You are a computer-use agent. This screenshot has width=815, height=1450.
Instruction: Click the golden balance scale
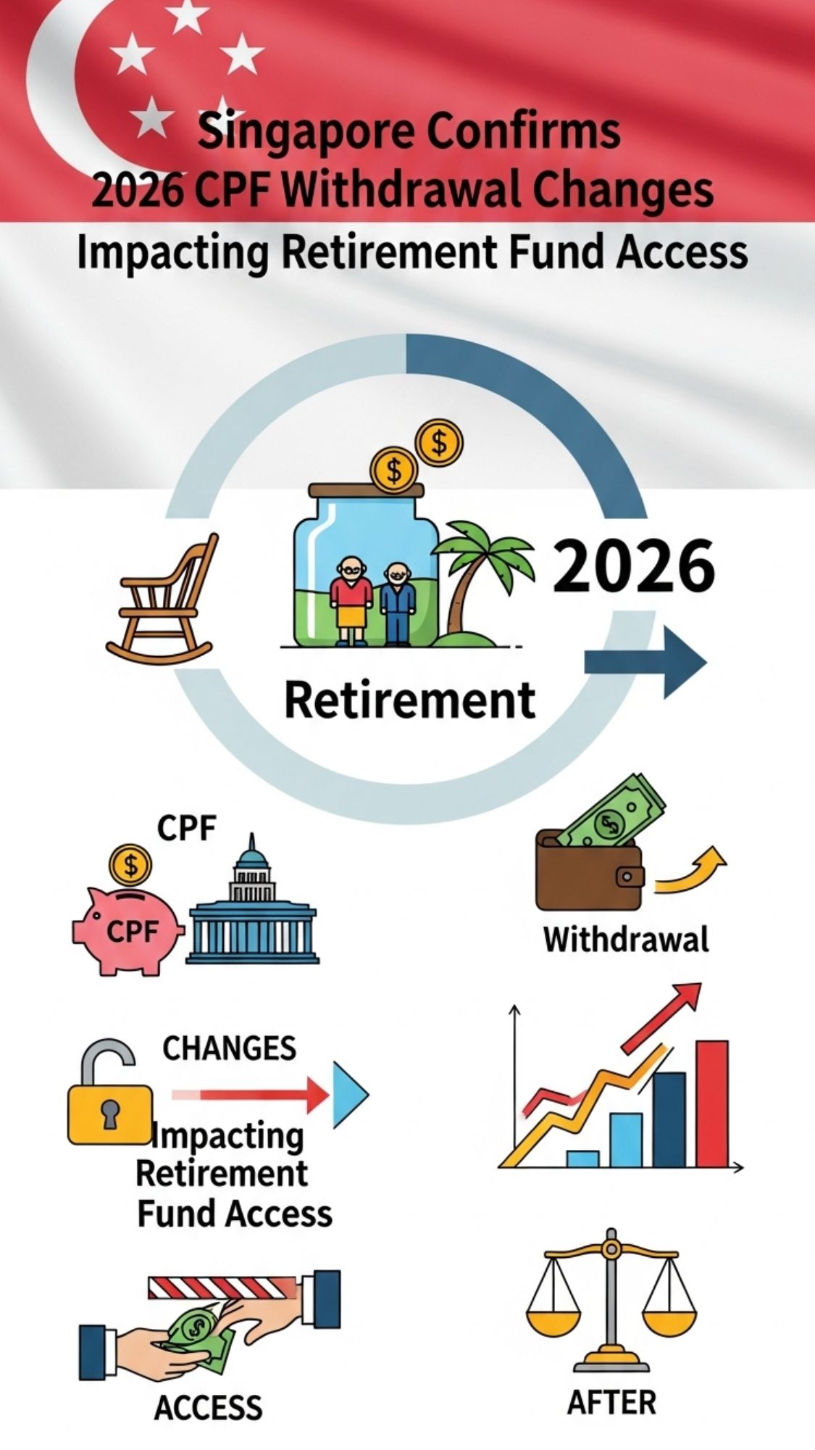(x=613, y=1298)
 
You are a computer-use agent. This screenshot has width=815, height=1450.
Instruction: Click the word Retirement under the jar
(x=410, y=700)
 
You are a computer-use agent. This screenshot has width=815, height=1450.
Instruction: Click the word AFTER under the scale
(x=611, y=1402)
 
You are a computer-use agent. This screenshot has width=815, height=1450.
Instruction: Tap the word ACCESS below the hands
(x=208, y=1407)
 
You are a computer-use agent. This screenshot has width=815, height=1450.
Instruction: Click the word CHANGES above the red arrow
(x=229, y=1048)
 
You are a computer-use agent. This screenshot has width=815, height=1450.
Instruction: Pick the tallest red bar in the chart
(x=711, y=1102)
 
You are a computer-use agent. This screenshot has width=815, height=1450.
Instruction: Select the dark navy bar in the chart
(x=669, y=1119)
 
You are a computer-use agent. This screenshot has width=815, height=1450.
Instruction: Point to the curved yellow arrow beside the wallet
(x=692, y=870)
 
